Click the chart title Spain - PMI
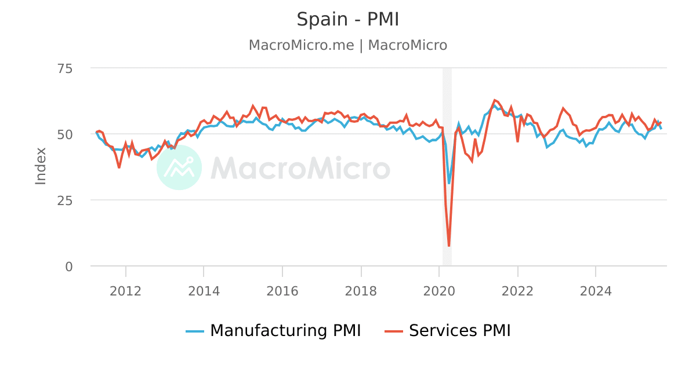[348, 19]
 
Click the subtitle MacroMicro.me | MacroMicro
[348, 45]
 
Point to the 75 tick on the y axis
[65, 68]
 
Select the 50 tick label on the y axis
[65, 134]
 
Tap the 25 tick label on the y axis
[65, 200]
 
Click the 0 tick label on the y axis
[69, 267]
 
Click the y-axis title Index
[41, 166]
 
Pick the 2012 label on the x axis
[126, 290]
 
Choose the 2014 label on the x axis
[204, 290]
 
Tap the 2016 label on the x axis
[282, 290]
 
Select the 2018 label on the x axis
[361, 290]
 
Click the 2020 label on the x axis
[439, 290]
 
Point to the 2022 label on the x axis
[517, 290]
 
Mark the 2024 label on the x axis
[596, 290]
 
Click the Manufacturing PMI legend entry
[274, 331]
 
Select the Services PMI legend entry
[448, 331]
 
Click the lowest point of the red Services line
[449, 246]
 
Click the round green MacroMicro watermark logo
[179, 167]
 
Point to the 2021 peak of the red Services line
[495, 100]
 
